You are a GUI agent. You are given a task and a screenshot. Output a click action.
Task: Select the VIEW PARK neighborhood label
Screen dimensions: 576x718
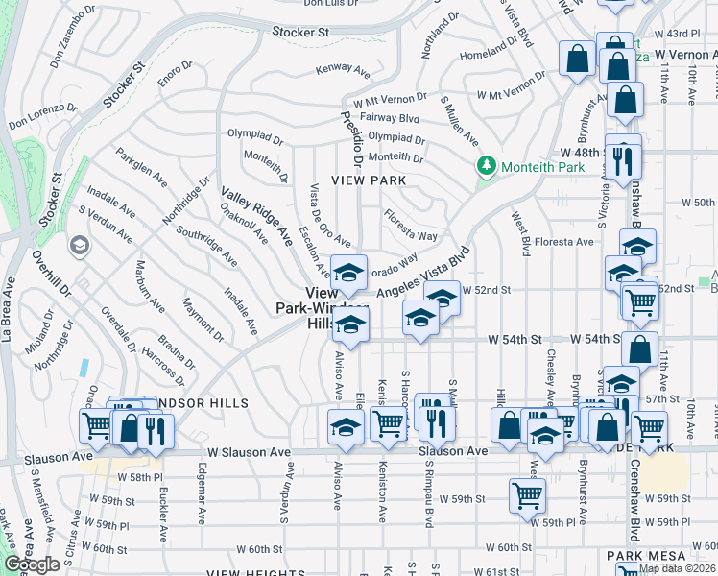[369, 180]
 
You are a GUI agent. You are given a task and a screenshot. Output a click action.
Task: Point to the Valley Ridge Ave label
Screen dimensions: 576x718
[256, 216]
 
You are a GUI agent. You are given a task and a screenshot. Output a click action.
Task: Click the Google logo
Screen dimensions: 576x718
[33, 564]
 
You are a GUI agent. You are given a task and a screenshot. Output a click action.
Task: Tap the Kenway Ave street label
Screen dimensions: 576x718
[344, 71]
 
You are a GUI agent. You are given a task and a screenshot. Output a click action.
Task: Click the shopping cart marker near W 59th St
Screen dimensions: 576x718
[528, 496]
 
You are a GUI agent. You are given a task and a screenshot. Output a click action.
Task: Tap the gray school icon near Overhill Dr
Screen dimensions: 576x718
[79, 247]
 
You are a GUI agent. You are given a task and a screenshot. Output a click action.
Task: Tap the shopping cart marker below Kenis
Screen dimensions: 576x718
[389, 422]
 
